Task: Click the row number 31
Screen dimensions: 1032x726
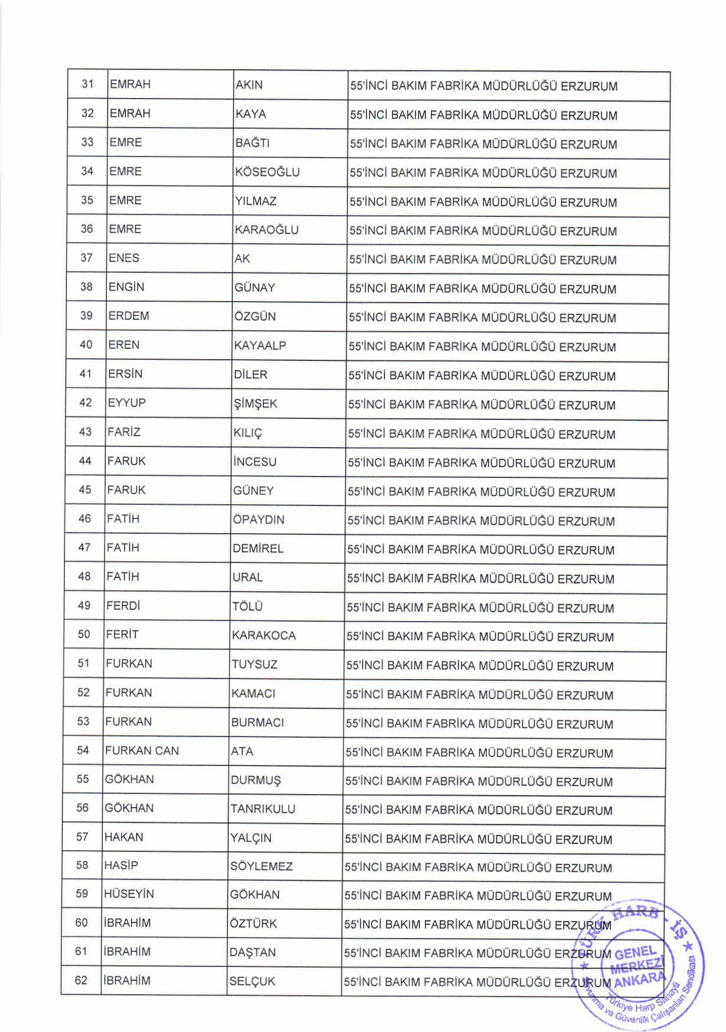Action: [88, 84]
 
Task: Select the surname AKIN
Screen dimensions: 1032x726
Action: [248, 85]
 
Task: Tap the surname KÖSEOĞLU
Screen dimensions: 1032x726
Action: [267, 172]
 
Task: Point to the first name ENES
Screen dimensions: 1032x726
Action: [124, 258]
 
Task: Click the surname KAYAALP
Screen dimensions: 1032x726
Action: [260, 346]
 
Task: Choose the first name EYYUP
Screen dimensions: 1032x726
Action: [126, 403]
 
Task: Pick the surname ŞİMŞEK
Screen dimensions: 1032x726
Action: [255, 404]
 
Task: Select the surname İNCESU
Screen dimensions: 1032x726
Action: [255, 462]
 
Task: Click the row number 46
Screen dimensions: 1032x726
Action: [85, 519]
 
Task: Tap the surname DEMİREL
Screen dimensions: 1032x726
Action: [258, 549]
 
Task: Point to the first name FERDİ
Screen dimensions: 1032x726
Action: [123, 606]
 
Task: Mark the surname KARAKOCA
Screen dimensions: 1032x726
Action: [263, 636]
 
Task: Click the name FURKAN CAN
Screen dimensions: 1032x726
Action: [142, 751]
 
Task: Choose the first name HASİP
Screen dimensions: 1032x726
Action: [121, 866]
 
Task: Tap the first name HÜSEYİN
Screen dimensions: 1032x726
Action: [129, 895]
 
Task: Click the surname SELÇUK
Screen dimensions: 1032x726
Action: [252, 982]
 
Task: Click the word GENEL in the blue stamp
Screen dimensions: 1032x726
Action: [635, 953]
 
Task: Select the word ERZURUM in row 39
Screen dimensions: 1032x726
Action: [588, 318]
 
